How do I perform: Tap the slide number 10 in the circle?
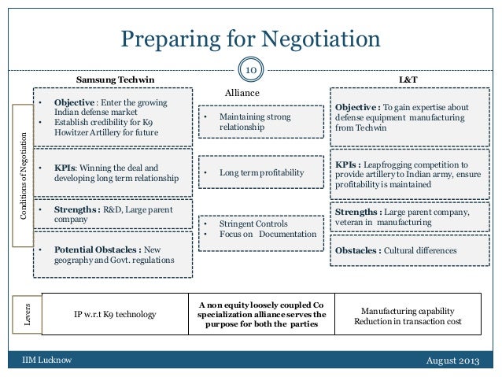(252, 71)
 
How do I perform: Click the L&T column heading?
(408, 80)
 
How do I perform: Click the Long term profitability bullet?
(260, 172)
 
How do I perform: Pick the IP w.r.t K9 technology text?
(115, 315)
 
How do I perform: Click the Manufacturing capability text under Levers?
(407, 310)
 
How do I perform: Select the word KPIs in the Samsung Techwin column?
(64, 168)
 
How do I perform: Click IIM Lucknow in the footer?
(46, 360)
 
